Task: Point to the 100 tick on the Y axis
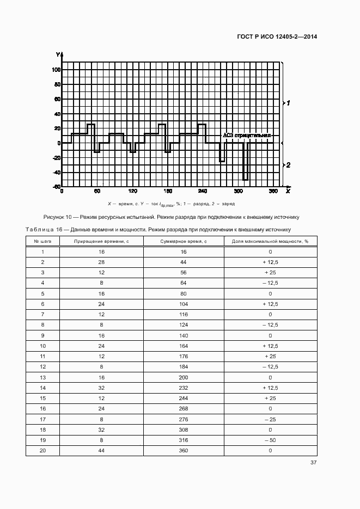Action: (56, 70)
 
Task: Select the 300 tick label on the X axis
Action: (239, 192)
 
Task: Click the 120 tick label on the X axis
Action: (132, 192)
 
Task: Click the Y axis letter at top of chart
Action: (57, 54)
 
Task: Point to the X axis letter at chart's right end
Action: (288, 192)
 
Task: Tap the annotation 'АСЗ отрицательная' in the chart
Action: (247, 135)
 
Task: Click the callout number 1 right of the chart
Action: (289, 103)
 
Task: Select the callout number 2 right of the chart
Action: (289, 164)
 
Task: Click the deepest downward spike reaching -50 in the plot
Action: (246, 179)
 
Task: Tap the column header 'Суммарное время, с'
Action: (184, 241)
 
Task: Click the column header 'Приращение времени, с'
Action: (101, 241)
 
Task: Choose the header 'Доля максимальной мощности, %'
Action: (270, 241)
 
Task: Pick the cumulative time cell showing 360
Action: (184, 451)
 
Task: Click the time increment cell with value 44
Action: (101, 451)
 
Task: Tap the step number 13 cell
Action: (42, 377)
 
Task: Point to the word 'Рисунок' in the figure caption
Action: (53, 217)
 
